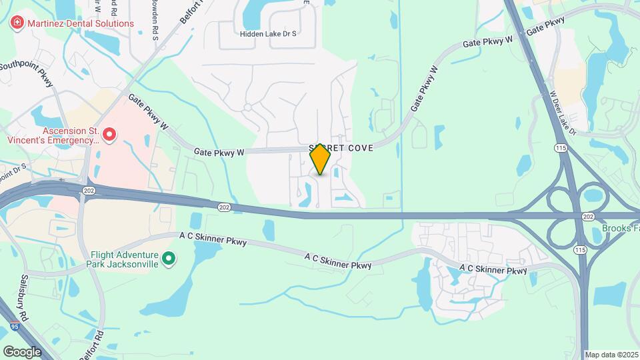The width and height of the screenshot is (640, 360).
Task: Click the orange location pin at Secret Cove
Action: coord(321,159)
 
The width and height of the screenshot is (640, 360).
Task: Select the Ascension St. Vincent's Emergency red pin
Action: coord(109,136)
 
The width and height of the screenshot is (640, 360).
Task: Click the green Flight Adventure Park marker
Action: coord(169,258)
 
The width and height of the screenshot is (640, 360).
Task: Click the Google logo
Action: coord(22,351)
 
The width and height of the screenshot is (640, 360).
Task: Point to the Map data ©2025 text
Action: coord(611,355)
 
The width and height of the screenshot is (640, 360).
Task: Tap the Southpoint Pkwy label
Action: coord(27,73)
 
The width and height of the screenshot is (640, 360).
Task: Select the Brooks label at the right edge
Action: coord(620,228)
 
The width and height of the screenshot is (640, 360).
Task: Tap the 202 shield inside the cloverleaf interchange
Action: coord(587,217)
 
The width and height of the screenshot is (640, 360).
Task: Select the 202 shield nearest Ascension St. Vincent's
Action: coord(88,191)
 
